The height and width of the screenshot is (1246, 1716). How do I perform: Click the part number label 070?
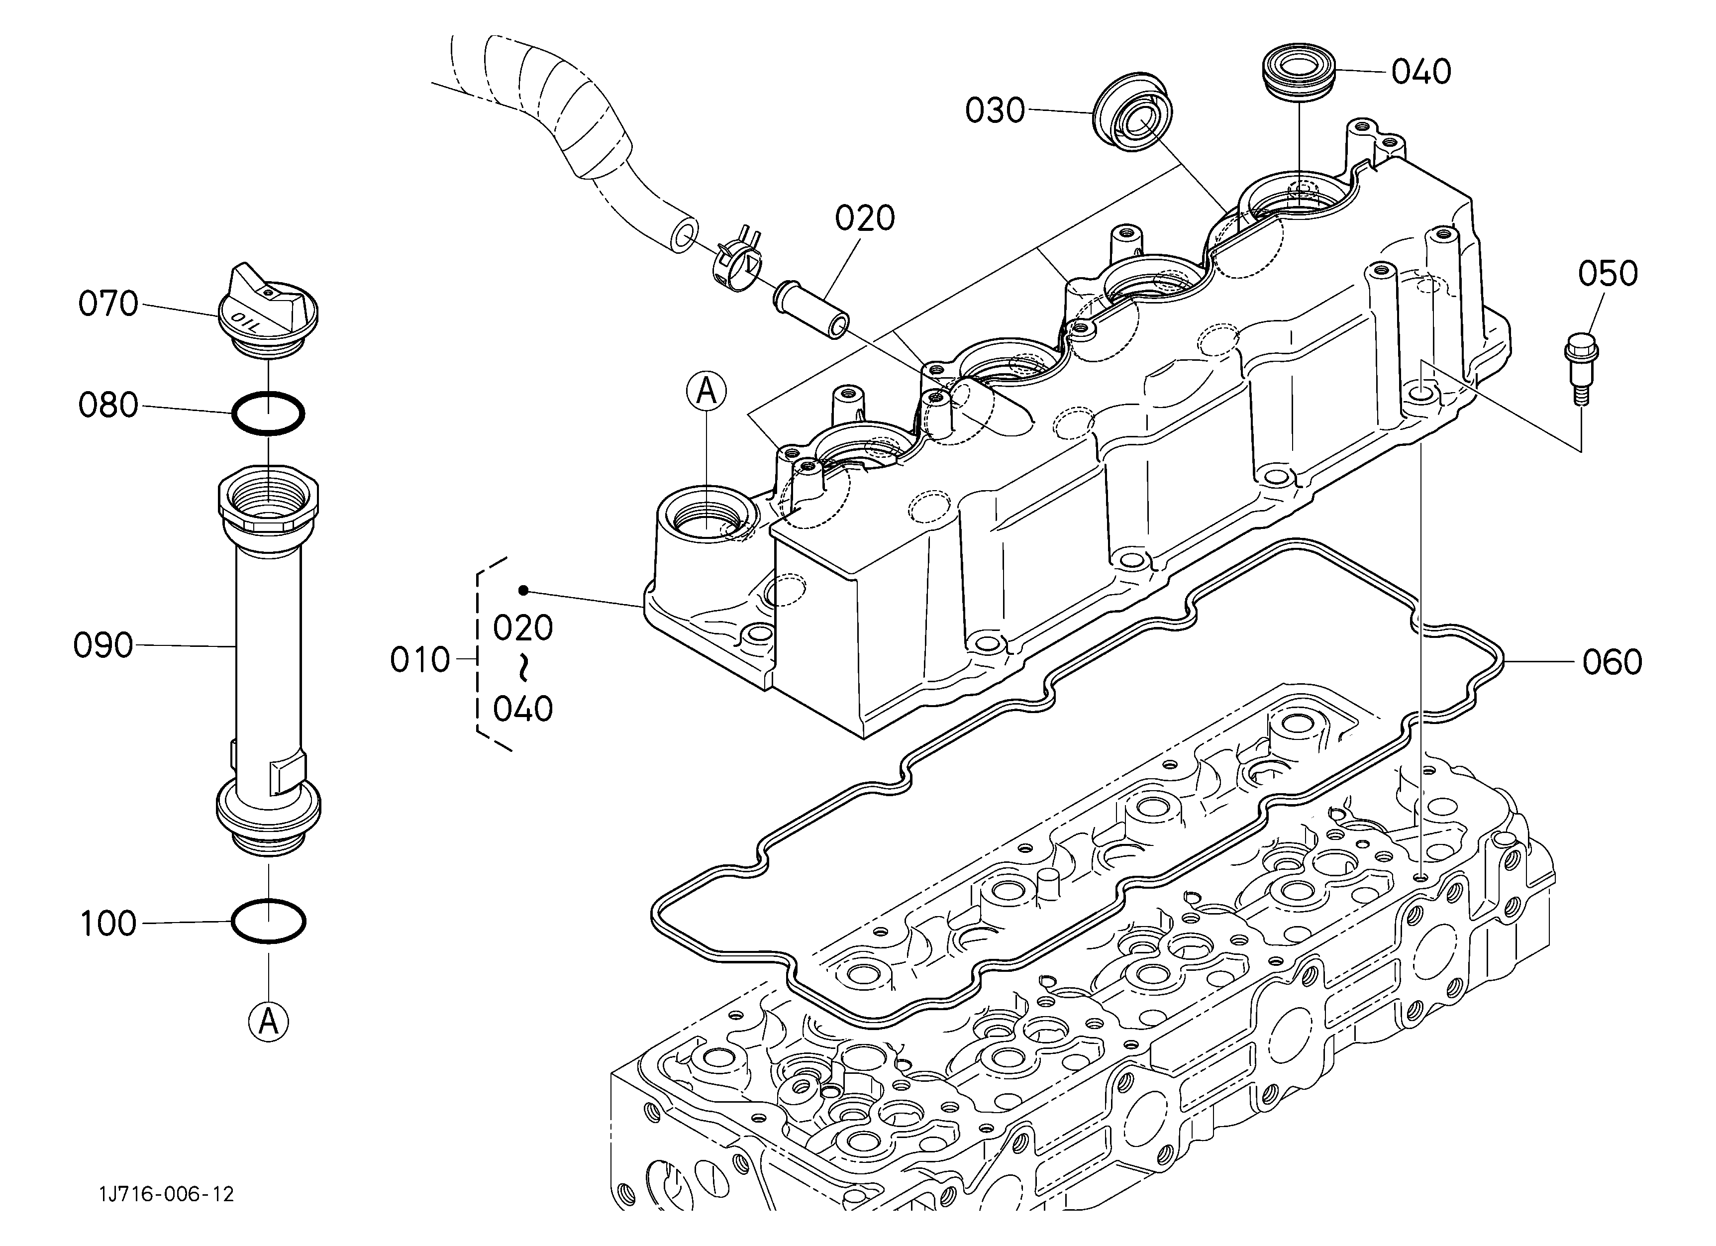click(108, 304)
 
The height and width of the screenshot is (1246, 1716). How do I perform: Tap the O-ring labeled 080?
click(268, 413)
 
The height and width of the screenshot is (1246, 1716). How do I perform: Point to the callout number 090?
click(103, 646)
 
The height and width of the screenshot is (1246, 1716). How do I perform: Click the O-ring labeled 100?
click(268, 921)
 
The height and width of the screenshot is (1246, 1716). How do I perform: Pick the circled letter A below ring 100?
click(269, 1022)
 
